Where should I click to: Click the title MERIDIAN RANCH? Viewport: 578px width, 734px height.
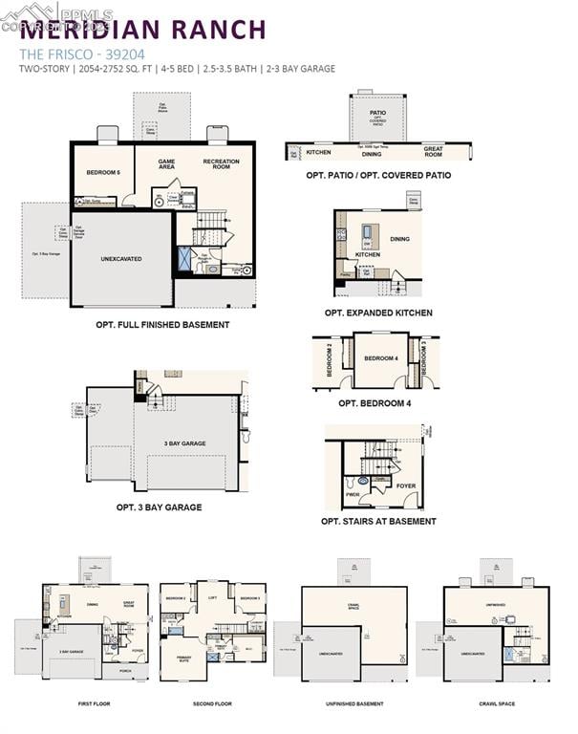point(143,29)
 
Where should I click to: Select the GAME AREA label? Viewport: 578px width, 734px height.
point(166,164)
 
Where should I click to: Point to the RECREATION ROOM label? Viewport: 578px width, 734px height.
point(221,164)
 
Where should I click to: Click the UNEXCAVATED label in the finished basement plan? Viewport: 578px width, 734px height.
point(121,258)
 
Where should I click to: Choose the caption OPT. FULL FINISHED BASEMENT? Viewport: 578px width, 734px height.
point(162,325)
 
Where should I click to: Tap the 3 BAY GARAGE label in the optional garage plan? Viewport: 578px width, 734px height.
point(186,443)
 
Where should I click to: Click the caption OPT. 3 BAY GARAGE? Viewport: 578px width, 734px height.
point(159,507)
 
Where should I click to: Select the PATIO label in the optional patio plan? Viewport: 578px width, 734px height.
point(378,113)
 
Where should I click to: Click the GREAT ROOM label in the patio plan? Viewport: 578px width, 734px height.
point(433,151)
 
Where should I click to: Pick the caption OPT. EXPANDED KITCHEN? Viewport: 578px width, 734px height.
point(378,313)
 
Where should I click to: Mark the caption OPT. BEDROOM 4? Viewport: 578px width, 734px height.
point(375,403)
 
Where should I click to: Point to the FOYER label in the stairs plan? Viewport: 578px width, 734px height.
point(406,486)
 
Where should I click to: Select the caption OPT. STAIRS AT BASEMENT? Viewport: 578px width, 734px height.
point(378,522)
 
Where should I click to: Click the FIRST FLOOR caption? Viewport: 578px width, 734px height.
point(94,703)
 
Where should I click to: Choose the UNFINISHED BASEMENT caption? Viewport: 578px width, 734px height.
point(353,703)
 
